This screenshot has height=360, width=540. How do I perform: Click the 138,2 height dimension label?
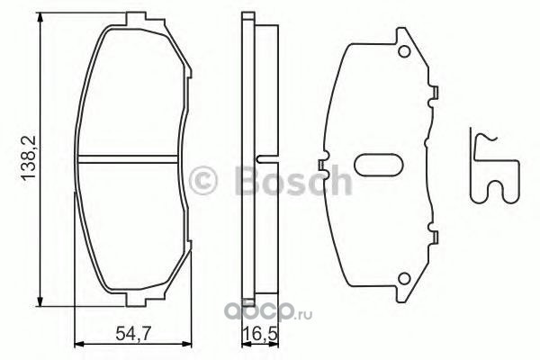29,157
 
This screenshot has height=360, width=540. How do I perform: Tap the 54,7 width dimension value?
132,334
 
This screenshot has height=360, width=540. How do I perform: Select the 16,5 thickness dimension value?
260,334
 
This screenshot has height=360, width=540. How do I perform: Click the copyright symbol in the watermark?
203,181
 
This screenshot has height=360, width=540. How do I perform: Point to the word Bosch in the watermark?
293,180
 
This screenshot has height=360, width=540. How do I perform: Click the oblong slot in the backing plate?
379,164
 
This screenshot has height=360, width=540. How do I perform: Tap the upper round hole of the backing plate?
404,51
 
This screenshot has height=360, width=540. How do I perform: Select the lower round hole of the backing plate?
404,279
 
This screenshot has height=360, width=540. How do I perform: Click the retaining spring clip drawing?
494,166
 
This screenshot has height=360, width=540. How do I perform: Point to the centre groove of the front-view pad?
128,158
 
